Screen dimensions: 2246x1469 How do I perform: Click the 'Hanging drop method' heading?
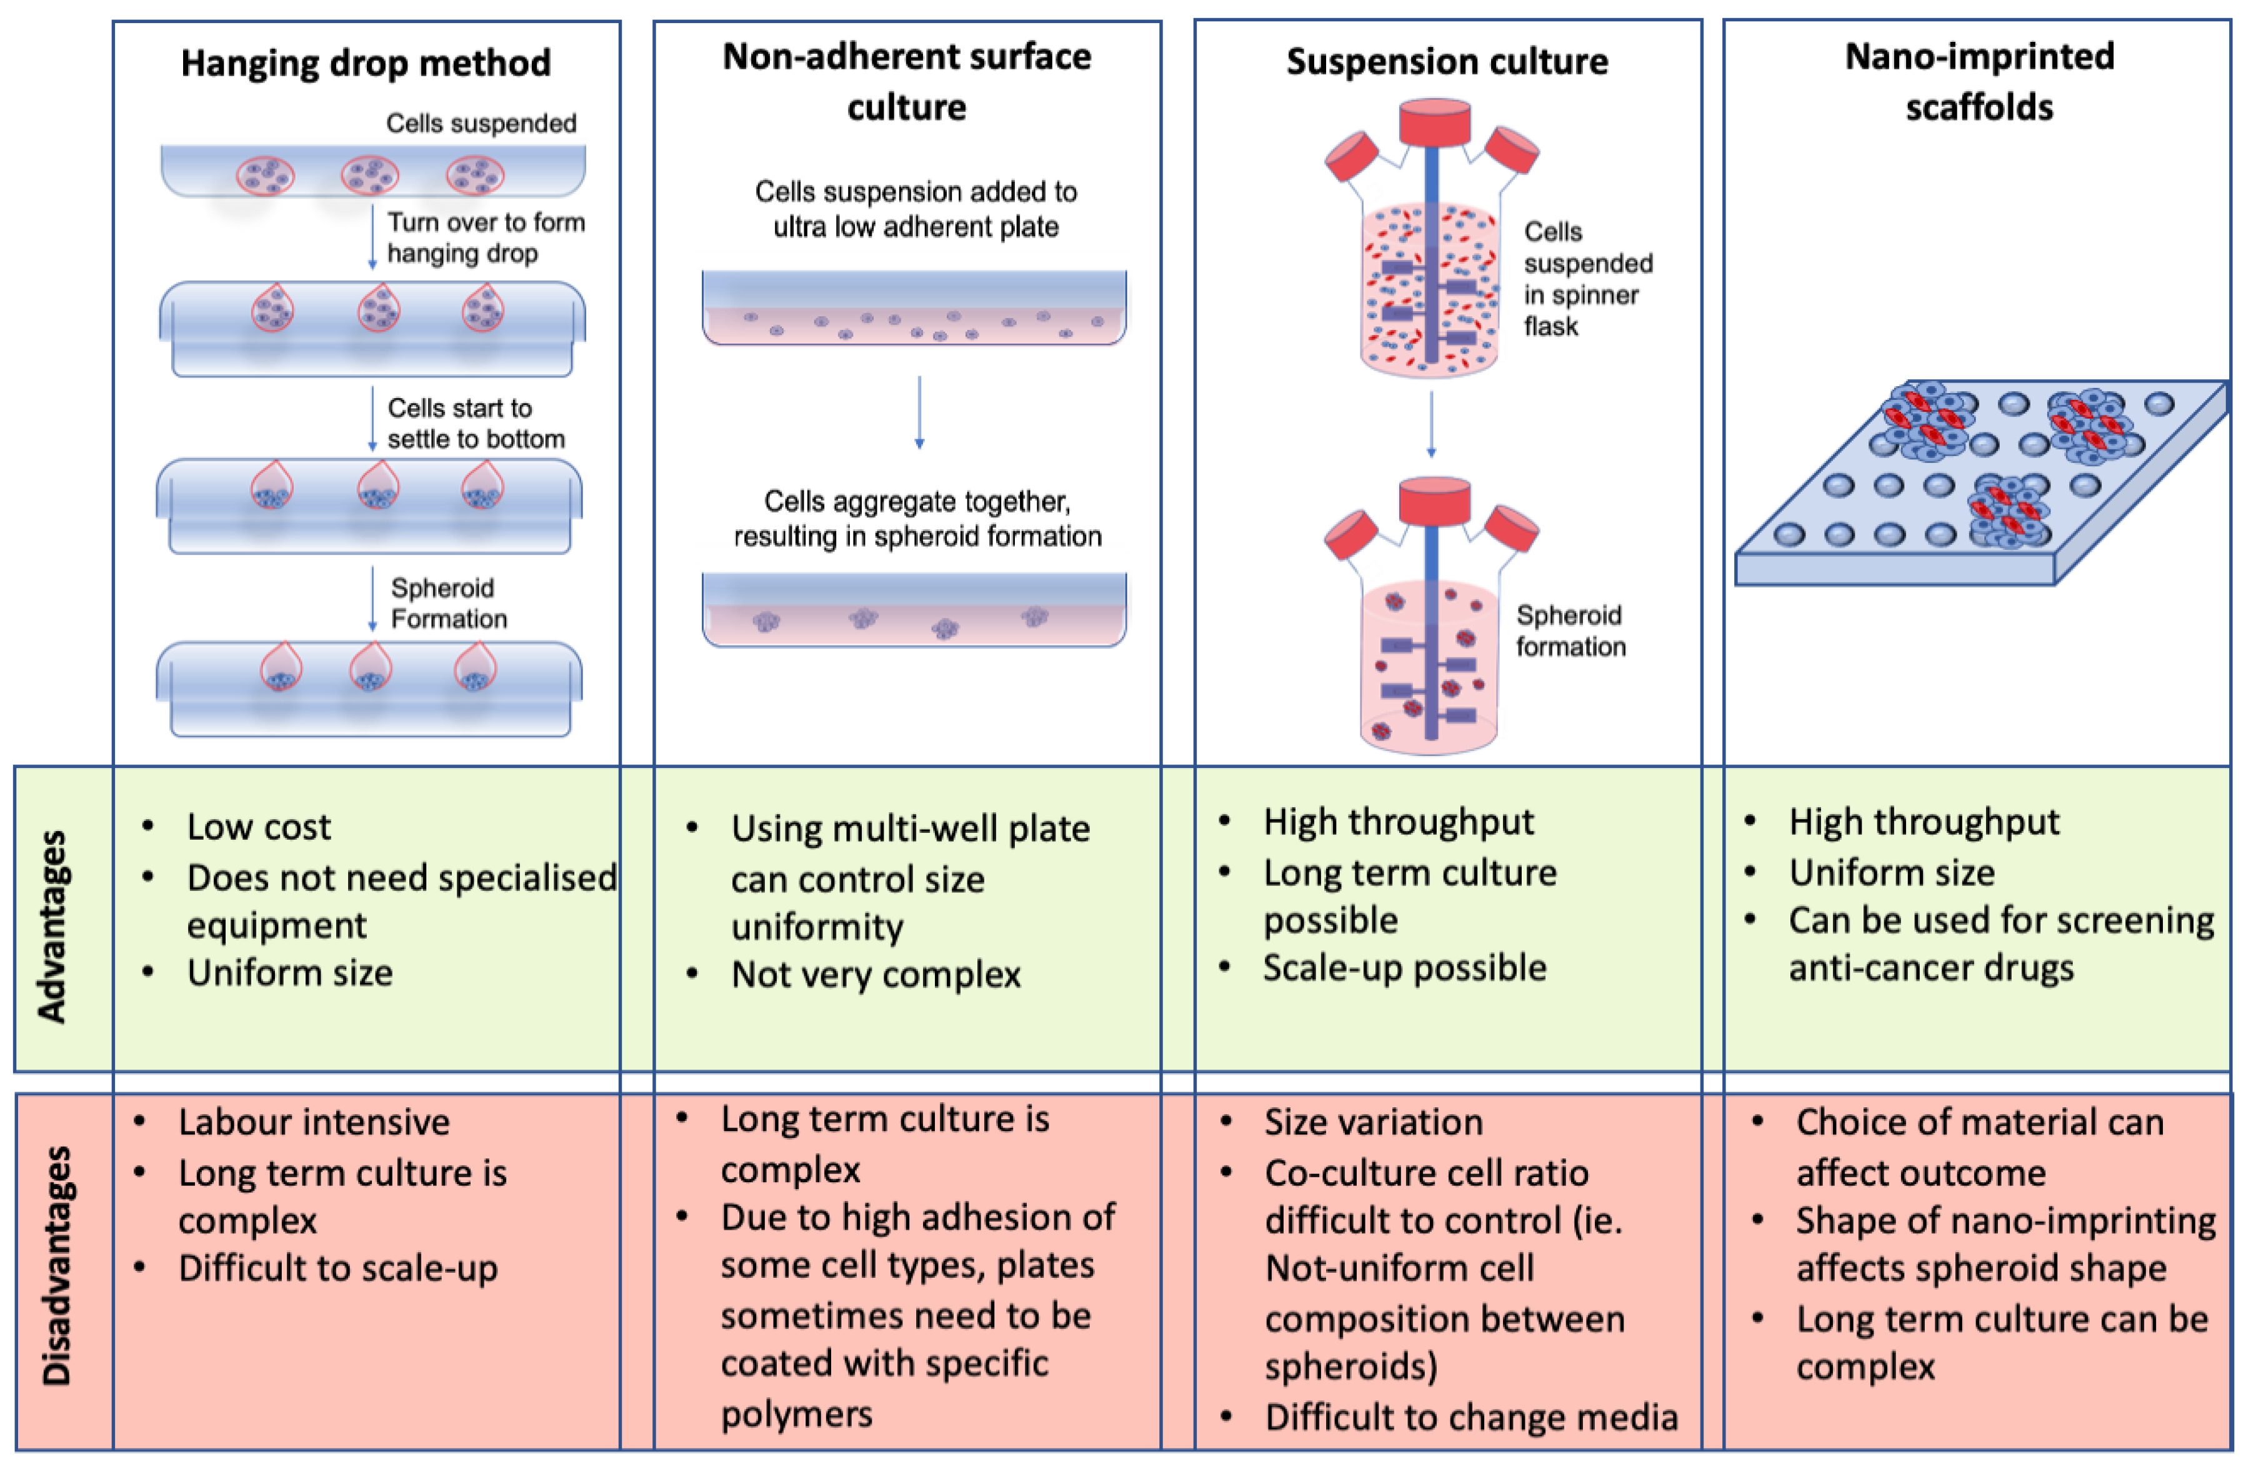point(366,63)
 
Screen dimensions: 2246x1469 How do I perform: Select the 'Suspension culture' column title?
point(1447,61)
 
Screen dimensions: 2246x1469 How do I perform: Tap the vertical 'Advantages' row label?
point(53,927)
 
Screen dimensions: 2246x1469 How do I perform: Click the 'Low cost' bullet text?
point(259,827)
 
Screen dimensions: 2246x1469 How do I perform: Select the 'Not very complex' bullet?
point(876,975)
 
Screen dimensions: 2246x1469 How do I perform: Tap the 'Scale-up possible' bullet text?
point(1405,968)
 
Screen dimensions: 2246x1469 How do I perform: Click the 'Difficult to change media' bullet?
point(1471,1417)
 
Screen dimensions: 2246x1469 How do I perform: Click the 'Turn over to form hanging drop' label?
point(486,238)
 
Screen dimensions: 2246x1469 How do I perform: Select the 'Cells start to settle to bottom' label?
point(476,424)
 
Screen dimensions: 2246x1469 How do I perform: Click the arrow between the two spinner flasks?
point(1432,424)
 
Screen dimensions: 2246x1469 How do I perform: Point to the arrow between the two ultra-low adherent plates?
point(919,412)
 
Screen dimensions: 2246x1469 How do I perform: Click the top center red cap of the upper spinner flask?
point(1434,122)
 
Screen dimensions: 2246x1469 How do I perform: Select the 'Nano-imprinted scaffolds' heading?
point(1979,82)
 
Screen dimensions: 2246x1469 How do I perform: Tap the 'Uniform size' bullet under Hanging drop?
point(290,973)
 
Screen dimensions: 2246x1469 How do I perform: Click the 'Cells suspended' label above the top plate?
point(481,124)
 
